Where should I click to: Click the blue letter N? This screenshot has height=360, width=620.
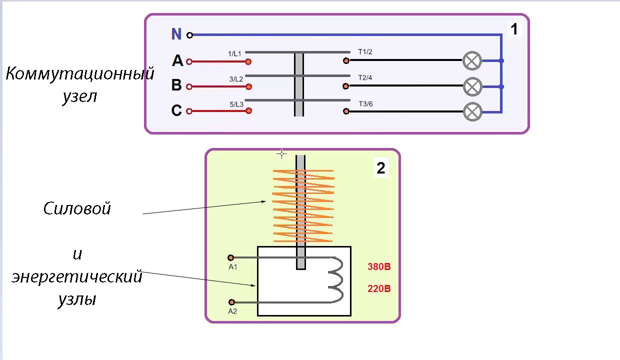[x=176, y=34]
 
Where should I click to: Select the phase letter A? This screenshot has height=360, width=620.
[x=177, y=61]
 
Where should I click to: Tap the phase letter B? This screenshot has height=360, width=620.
[x=176, y=85]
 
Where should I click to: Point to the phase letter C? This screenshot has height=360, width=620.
[x=176, y=110]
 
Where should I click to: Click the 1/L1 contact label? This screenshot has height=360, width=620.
[x=235, y=53]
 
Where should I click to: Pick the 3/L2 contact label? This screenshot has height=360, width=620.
[x=236, y=79]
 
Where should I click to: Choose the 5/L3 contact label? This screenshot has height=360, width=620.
[x=236, y=104]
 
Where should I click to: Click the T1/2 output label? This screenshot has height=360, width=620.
[x=365, y=51]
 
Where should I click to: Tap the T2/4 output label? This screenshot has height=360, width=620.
[x=365, y=77]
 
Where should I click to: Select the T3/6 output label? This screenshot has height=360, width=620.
[x=365, y=103]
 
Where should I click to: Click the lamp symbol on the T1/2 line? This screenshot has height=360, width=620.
[x=472, y=61]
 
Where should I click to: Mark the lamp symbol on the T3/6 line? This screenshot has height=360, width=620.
[x=472, y=111]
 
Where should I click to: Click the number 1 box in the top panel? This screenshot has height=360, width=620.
[x=513, y=29]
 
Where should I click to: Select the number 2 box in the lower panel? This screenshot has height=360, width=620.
[x=381, y=168]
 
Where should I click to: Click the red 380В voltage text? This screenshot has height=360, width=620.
[x=379, y=267]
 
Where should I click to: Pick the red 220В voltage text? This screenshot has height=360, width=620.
[x=379, y=289]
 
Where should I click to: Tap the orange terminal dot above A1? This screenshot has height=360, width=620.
[x=230, y=258]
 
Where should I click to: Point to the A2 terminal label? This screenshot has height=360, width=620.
[x=232, y=311]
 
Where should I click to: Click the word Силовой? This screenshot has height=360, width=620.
[x=77, y=208]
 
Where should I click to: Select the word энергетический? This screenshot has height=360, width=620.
[x=77, y=276]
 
